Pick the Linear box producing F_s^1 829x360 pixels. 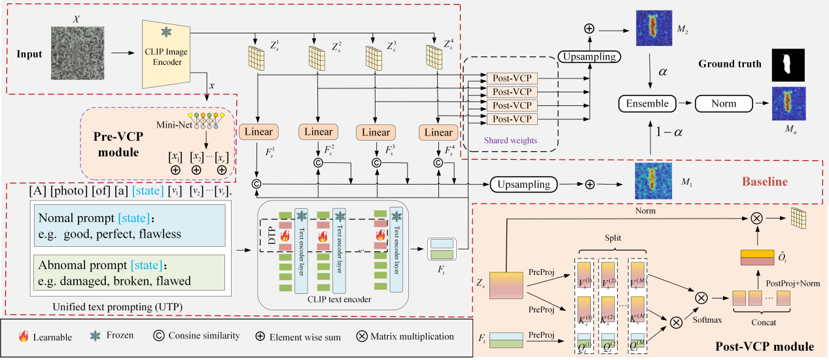coord(260,132)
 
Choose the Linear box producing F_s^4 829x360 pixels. coord(438,132)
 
